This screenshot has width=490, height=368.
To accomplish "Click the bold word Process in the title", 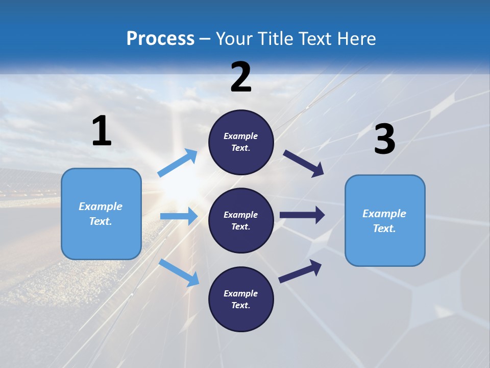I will (x=160, y=39).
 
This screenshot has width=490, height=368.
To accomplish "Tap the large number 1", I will (x=102, y=131).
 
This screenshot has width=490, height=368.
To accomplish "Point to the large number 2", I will (x=241, y=77).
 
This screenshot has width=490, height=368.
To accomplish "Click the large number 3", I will (x=384, y=140).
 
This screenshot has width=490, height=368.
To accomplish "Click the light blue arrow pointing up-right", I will (x=178, y=163).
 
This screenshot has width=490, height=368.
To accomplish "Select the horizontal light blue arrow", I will (x=179, y=216).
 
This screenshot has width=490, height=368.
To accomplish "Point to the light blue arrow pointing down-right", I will (x=179, y=272).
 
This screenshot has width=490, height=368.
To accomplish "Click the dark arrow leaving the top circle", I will (x=304, y=164).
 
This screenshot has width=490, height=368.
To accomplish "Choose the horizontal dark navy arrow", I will (x=302, y=215).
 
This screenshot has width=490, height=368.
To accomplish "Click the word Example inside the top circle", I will (x=241, y=136).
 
